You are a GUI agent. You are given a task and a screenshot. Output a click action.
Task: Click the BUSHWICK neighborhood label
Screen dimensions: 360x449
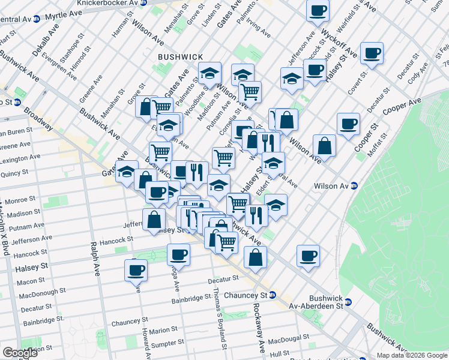coord(180,56)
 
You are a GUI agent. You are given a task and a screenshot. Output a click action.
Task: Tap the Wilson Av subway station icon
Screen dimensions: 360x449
coord(355,186)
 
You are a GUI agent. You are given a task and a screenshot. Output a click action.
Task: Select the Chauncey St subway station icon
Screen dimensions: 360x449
coord(272,295)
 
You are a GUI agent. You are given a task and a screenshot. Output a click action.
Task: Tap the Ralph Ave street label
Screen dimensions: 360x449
coord(94,259)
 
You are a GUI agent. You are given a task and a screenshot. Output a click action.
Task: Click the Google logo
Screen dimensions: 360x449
coord(20,353)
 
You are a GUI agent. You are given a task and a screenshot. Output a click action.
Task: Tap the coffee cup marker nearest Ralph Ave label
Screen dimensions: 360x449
coord(136,269)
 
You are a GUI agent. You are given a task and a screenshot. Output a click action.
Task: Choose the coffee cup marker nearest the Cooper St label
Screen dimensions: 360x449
coord(348,125)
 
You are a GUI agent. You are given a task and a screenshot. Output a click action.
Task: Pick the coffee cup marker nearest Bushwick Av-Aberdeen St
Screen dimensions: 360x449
coord(308,256)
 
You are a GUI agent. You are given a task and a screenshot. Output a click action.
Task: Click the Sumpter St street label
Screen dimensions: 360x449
coord(169,344)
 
